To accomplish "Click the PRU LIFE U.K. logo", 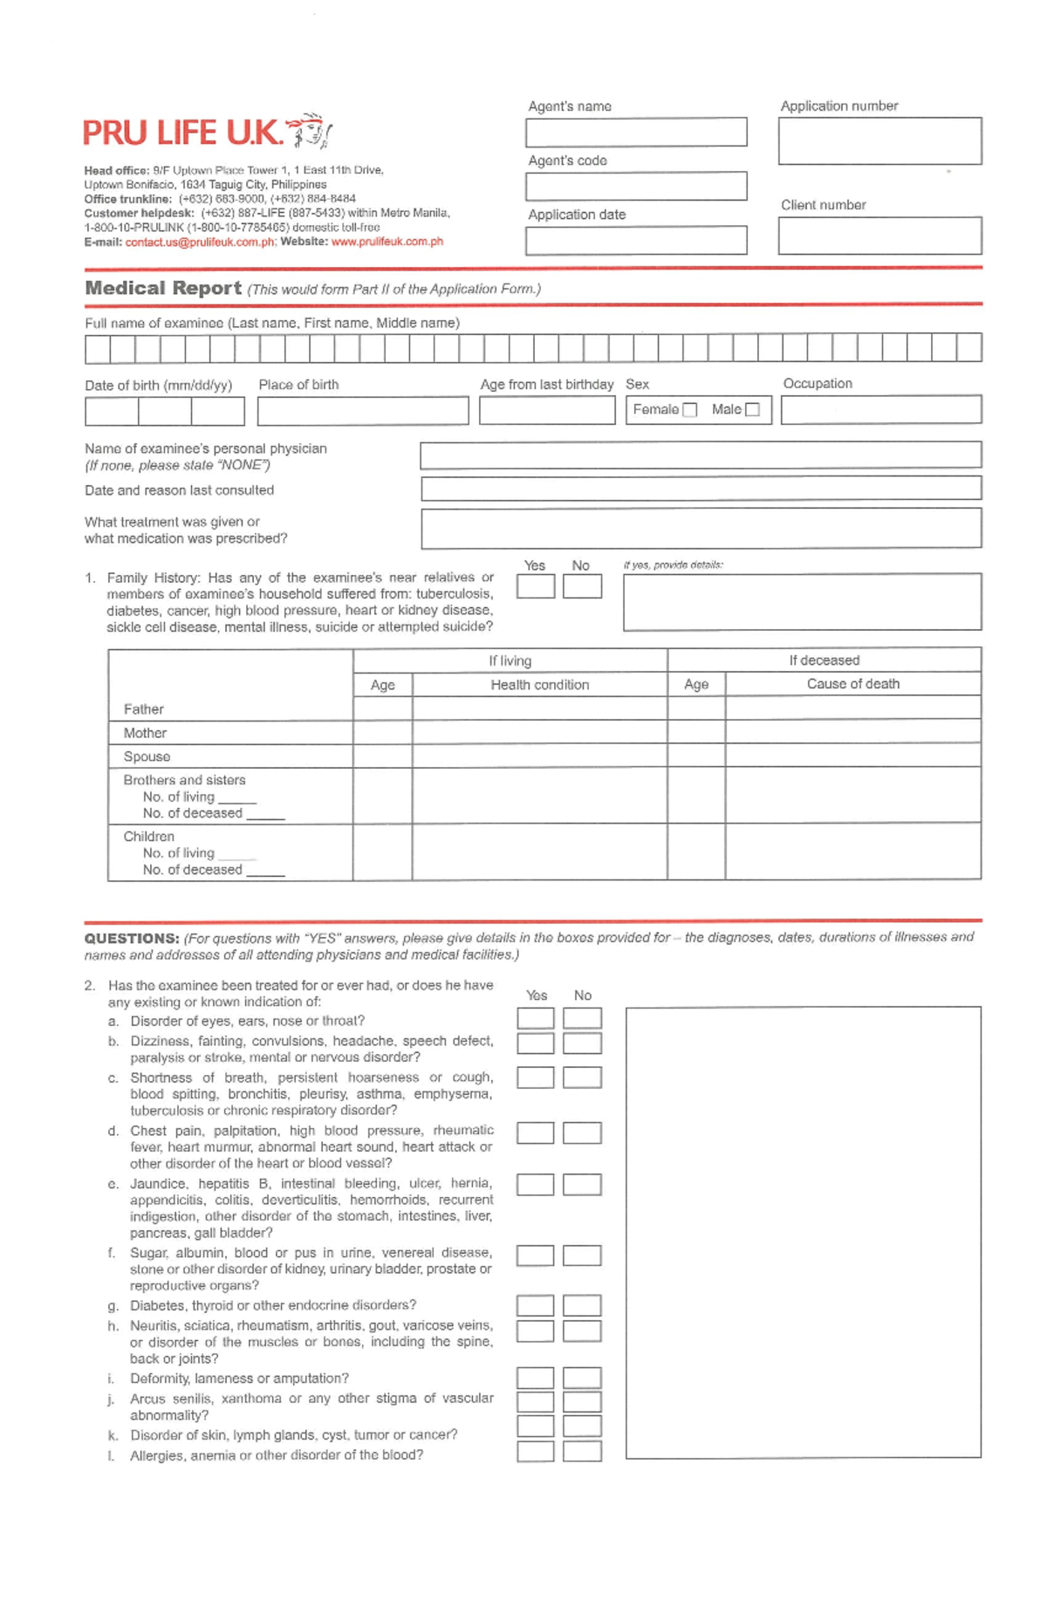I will (207, 133).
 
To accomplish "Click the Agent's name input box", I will (636, 133).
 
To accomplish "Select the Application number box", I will (879, 141).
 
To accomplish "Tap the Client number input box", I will (879, 236).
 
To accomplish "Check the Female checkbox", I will (690, 410).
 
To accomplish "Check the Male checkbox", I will (753, 410).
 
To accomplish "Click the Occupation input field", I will (880, 410).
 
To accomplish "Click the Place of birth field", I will (363, 411).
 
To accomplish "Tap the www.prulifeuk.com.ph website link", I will (387, 242).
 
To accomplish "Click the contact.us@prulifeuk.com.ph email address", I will (200, 242).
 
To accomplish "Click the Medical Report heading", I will (163, 288).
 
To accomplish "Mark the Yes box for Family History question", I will (535, 586).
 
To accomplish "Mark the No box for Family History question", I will (582, 586).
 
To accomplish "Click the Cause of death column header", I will (852, 684).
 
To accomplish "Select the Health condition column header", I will (539, 685).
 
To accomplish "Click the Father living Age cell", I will (382, 708).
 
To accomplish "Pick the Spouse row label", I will (147, 756).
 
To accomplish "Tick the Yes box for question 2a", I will (535, 1018).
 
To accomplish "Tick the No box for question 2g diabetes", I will (582, 1305).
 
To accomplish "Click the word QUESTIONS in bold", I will (132, 939).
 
